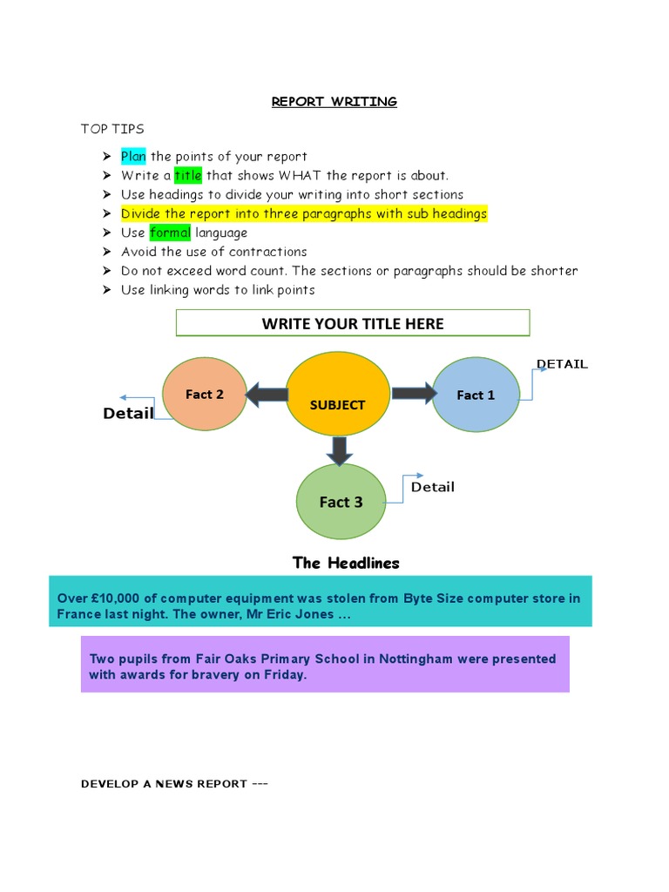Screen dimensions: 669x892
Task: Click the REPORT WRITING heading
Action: (334, 102)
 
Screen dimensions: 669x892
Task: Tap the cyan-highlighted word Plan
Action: (133, 157)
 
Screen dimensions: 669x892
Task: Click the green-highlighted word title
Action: (187, 176)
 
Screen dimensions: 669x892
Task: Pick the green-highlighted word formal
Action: (170, 233)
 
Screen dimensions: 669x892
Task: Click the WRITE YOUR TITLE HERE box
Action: (353, 323)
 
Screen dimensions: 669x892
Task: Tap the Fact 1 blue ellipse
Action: (476, 395)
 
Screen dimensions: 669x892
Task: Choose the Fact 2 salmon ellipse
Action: (205, 395)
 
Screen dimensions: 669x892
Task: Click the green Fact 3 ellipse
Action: (341, 502)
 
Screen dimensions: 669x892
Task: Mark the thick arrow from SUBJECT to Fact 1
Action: (414, 394)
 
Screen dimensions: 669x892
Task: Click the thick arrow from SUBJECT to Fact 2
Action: (267, 395)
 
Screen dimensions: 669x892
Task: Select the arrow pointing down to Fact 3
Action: (339, 449)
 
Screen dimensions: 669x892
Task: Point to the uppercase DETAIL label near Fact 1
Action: (562, 364)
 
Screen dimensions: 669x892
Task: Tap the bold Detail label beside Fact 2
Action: (128, 414)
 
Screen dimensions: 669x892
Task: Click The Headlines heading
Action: (346, 563)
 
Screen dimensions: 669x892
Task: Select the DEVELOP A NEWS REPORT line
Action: (174, 784)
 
